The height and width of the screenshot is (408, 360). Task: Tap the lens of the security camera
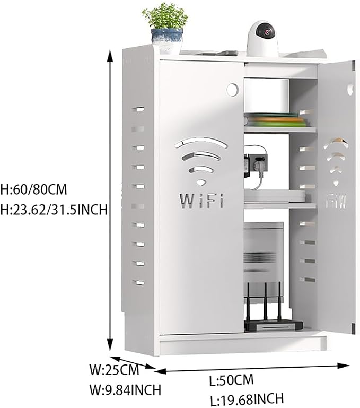[x=266, y=32]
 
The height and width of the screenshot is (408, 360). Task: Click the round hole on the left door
[x=232, y=90]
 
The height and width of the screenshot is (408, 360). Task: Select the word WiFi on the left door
[x=201, y=201]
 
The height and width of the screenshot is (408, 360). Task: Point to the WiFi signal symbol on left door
[x=201, y=161]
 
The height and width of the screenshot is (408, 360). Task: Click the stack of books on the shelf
[x=276, y=120]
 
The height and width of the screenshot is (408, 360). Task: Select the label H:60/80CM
[x=34, y=189]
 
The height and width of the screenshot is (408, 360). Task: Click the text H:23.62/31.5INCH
[x=54, y=209]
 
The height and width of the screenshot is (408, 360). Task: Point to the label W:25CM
[x=115, y=370]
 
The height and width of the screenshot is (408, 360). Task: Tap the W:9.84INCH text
[x=125, y=390]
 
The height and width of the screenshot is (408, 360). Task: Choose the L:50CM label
[x=231, y=380]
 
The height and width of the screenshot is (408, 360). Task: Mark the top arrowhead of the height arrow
[x=111, y=56]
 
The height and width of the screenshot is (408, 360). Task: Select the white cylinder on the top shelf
[x=267, y=96]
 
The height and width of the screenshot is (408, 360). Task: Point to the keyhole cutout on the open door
[x=350, y=90]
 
